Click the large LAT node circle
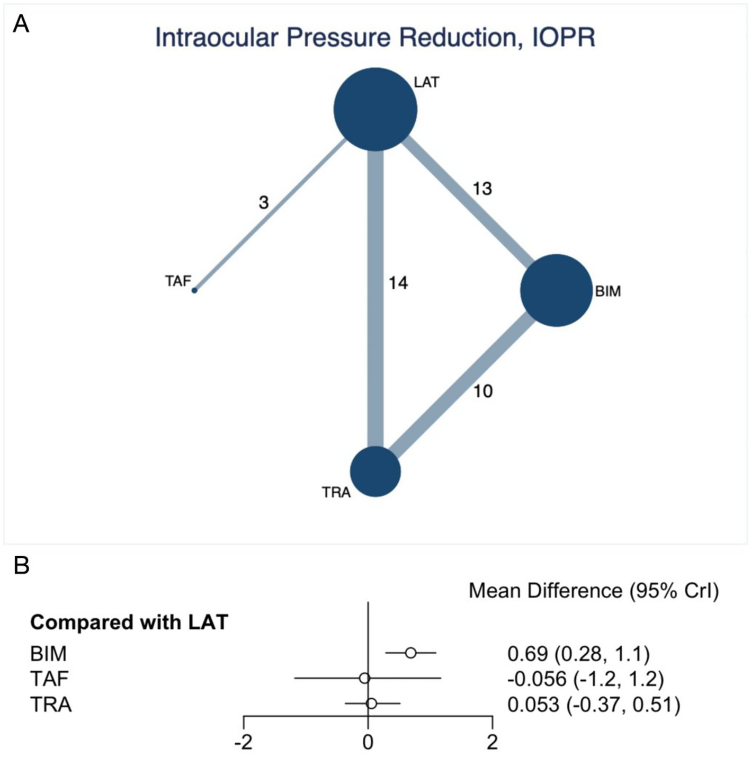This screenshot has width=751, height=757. point(375,109)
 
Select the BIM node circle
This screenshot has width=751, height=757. point(556,290)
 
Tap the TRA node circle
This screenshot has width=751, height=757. point(375,471)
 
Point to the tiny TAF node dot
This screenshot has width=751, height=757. point(194,290)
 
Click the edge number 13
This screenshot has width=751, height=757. point(482,189)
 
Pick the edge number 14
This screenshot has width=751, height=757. point(398,283)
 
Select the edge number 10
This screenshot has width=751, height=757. point(482,391)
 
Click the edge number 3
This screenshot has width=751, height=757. point(264,202)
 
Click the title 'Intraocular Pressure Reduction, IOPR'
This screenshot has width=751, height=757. point(375,38)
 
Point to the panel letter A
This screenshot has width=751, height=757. point(21,24)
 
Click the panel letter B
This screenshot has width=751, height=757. point(21,566)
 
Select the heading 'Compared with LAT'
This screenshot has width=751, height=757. point(129,622)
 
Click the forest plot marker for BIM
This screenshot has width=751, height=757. point(410,653)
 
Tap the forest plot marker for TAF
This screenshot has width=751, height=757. point(364,678)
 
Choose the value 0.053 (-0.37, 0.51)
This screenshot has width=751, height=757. point(593,705)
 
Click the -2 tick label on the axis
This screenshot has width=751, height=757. point(243,742)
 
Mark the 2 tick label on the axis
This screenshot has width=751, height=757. point(493,742)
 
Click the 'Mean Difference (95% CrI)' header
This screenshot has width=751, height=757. point(593,590)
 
